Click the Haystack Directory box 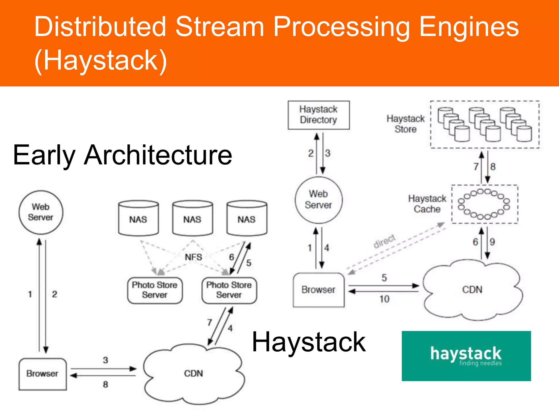(318, 115)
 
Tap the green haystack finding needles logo (466, 356)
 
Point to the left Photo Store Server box (155, 290)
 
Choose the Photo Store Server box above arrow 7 (229, 290)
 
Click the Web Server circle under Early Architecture (41, 212)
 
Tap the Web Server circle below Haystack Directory (318, 200)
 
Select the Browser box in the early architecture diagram (42, 374)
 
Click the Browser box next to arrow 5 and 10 (318, 290)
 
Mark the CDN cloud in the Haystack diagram (472, 290)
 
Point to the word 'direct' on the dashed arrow (384, 241)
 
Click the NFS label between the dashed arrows (193, 257)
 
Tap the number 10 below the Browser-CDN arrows (384, 299)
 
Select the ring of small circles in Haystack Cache (484, 204)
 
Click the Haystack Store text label (406, 124)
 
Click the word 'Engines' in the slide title (468, 27)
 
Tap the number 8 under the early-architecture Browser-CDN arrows (105, 385)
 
